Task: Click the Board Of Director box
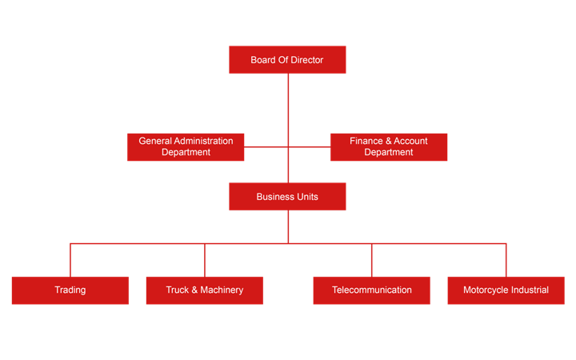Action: pos(287,59)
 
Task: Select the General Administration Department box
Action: pos(186,147)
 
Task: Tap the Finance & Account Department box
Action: pos(389,147)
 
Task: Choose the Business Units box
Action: pos(287,197)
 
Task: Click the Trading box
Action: pos(70,290)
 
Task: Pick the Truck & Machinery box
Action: pos(205,290)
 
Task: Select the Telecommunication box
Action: pos(371,290)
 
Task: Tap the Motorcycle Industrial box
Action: pos(506,290)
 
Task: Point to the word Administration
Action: pos(203,141)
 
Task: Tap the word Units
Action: pos(307,197)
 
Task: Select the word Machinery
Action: pos(222,290)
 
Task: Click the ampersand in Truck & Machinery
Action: pos(194,290)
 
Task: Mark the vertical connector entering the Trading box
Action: pos(70,260)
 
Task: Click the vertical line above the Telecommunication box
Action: pos(372,260)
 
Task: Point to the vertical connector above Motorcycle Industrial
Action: pos(506,260)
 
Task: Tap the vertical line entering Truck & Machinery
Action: pos(205,260)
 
